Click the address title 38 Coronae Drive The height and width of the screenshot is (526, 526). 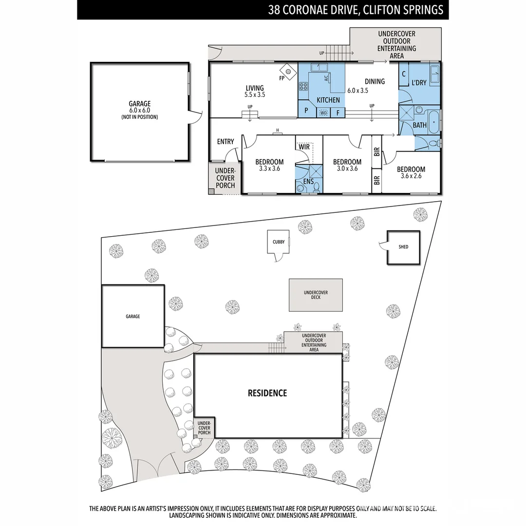[356, 10]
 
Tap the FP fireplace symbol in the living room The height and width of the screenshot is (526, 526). [288, 72]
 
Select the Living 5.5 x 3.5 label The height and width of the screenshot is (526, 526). [255, 92]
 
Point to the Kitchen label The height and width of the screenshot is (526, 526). [328, 100]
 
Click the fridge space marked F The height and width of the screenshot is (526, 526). [338, 113]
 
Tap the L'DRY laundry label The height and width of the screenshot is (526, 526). [419, 83]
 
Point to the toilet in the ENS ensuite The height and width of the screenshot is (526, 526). [316, 187]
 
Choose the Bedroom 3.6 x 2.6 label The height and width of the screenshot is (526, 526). [411, 172]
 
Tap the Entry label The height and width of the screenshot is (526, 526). [225, 142]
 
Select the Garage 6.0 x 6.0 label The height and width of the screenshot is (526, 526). [140, 110]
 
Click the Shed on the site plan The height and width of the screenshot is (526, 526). [403, 247]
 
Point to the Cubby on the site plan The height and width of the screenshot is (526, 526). [279, 242]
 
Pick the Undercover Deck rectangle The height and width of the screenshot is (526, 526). [316, 295]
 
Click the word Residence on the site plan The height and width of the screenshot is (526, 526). [267, 393]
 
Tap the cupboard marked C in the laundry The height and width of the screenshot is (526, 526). [404, 75]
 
